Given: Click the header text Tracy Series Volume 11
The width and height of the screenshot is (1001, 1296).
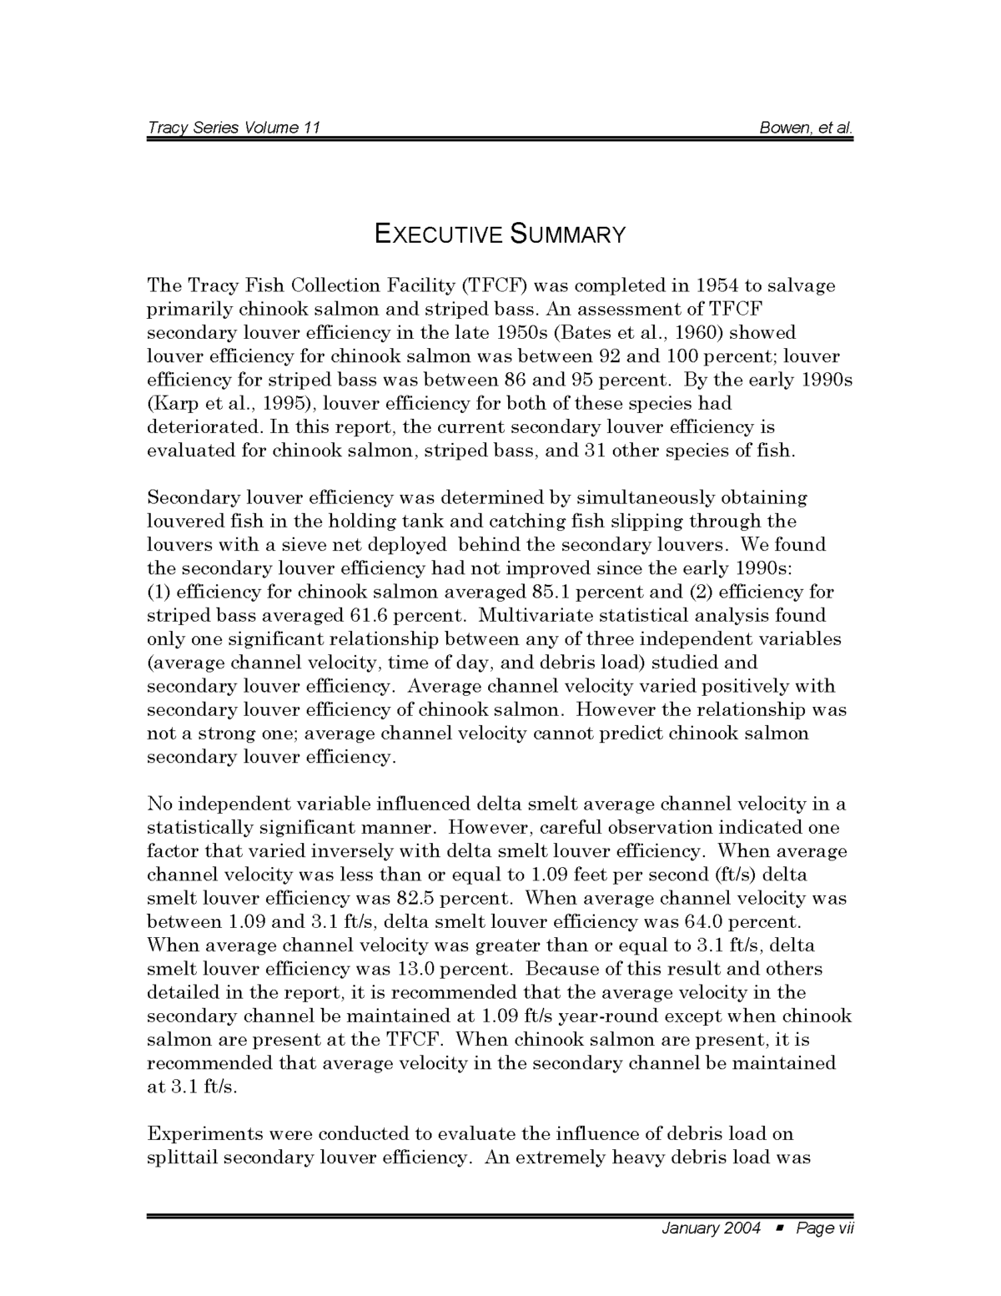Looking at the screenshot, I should [x=234, y=128].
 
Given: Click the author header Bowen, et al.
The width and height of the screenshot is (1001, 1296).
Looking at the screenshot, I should [x=806, y=128].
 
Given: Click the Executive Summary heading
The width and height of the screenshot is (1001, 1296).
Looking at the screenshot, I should [x=500, y=234].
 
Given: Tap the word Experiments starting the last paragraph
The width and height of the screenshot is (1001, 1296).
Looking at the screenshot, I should [x=204, y=1134].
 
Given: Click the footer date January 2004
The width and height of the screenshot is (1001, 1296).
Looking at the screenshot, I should [x=711, y=1228].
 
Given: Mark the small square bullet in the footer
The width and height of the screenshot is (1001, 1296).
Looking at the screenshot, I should [x=779, y=1228].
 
